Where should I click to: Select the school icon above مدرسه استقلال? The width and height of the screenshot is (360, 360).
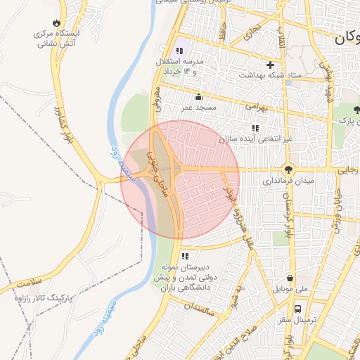179,51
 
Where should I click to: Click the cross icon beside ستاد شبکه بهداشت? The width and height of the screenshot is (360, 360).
270,65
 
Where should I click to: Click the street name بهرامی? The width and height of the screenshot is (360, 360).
255,108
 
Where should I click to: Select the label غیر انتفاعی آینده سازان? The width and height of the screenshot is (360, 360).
255,140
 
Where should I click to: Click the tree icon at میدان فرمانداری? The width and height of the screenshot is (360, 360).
288,169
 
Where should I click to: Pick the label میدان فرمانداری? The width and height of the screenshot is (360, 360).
272,181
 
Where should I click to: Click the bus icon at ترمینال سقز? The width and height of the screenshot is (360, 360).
298,308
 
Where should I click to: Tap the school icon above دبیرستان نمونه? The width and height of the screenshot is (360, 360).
185,256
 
